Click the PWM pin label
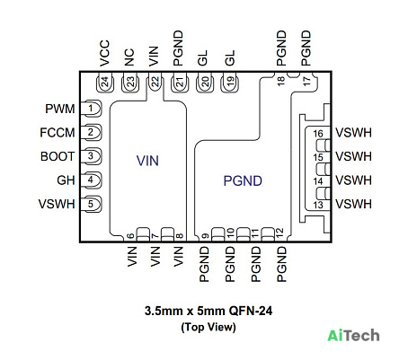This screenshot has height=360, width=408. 60,109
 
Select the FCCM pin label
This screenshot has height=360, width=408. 58,133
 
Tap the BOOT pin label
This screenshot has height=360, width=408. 58,156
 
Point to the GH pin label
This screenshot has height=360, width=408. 66,180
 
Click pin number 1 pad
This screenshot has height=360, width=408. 91,109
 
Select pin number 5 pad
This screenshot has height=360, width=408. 91,204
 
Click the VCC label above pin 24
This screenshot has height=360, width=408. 104,53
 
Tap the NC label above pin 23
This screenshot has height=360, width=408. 129,57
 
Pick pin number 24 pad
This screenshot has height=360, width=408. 105,83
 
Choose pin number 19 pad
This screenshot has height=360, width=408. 230,83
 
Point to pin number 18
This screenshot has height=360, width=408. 280,81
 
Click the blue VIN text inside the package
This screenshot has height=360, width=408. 147,161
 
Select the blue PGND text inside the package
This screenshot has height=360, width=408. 243,181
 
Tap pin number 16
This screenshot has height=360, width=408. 318,134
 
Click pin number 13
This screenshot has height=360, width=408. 318,205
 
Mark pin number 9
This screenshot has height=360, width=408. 206,236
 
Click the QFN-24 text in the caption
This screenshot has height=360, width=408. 251,311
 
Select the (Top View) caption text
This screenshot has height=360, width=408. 208,327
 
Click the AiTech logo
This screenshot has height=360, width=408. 353,335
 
